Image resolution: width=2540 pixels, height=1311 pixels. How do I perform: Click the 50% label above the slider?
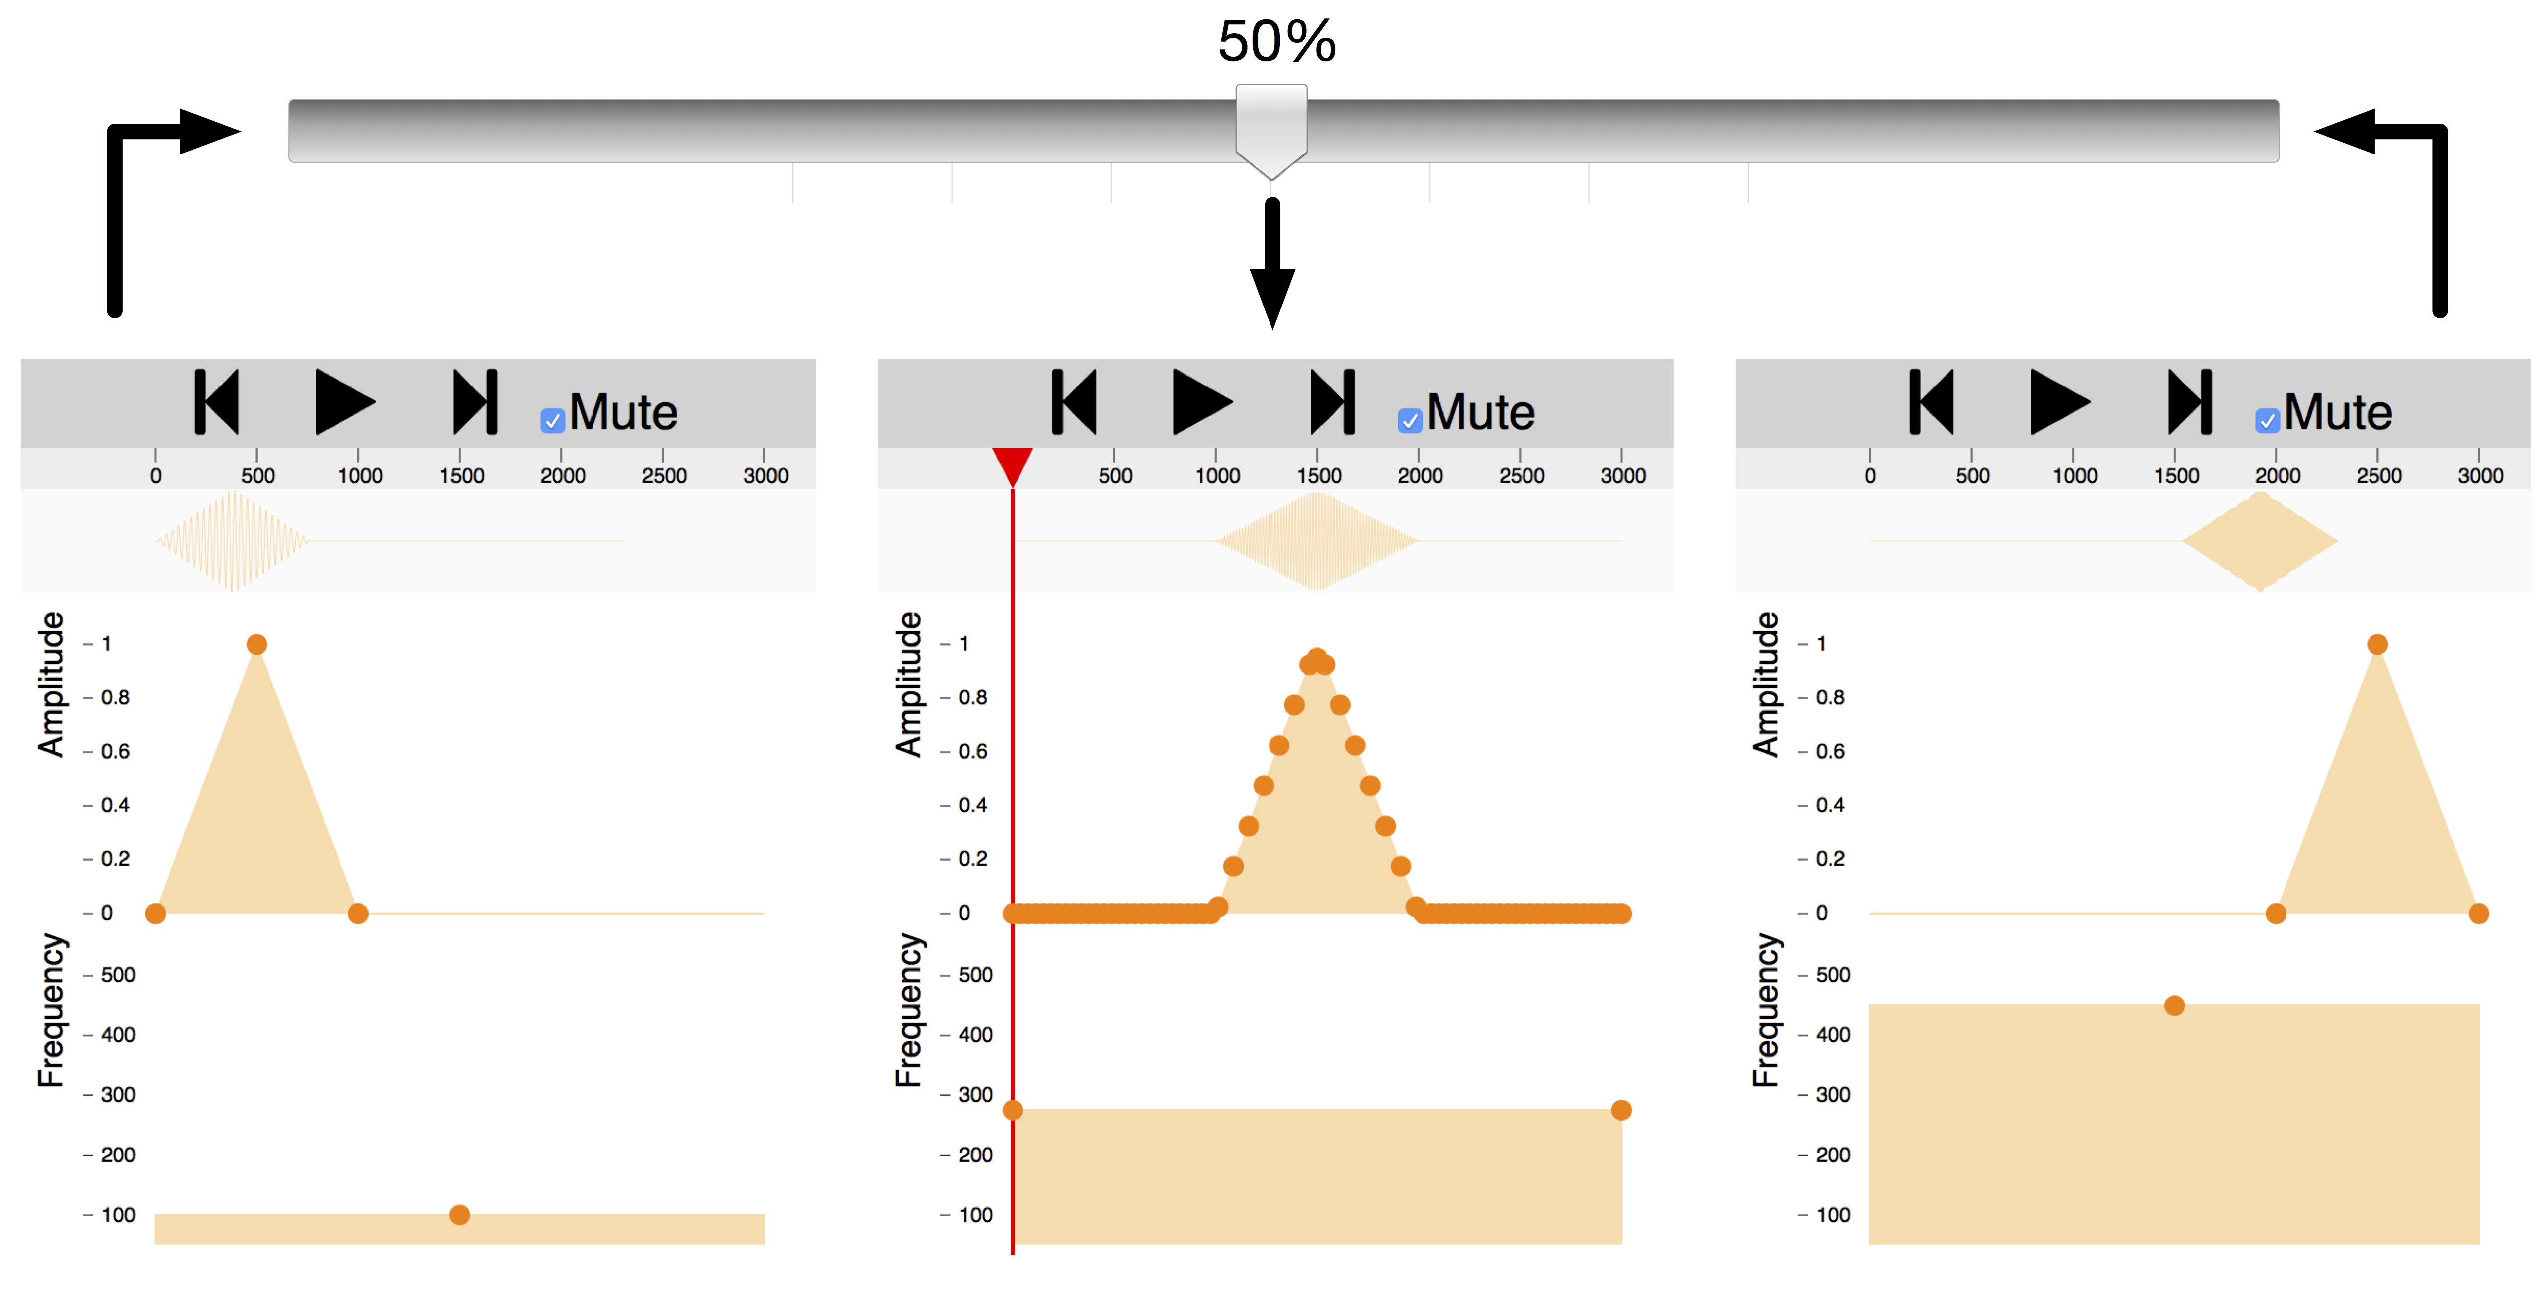[x=1277, y=41]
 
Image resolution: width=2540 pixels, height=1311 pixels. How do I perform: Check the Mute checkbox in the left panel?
[x=552, y=421]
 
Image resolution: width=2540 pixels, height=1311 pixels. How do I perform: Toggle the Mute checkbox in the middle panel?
[x=1410, y=421]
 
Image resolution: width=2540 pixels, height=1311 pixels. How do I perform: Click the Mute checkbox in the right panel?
[x=2267, y=421]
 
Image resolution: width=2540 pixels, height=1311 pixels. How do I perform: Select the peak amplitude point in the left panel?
[x=256, y=645]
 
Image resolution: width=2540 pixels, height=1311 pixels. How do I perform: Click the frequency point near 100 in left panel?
[x=459, y=1215]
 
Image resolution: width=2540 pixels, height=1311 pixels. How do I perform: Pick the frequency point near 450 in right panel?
[x=2174, y=1005]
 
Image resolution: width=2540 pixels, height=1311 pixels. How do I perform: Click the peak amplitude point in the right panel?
[x=2377, y=645]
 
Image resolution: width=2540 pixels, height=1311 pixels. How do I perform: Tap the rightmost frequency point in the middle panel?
[x=1621, y=1110]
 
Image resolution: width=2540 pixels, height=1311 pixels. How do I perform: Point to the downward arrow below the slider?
[x=1272, y=263]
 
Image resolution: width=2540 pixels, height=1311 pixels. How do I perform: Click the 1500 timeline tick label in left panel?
[x=461, y=476]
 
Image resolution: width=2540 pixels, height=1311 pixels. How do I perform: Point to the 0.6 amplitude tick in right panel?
[x=1829, y=751]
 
